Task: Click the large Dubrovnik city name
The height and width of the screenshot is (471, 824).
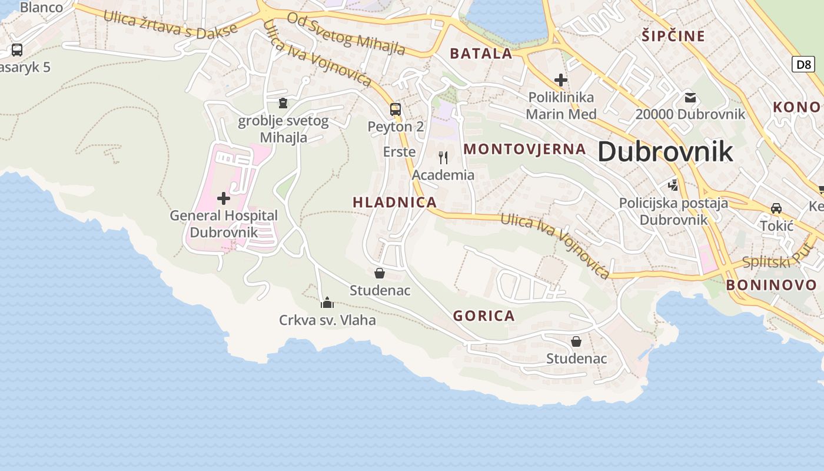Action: click(x=665, y=152)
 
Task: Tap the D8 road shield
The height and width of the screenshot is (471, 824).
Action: click(x=803, y=64)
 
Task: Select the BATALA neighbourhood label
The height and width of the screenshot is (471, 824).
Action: click(x=481, y=54)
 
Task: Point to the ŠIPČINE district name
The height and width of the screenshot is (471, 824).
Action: click(x=673, y=37)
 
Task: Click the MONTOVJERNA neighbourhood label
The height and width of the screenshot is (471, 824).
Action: click(x=524, y=149)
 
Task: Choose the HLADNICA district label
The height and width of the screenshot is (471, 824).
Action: click(x=394, y=203)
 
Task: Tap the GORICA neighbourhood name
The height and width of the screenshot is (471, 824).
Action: click(x=484, y=316)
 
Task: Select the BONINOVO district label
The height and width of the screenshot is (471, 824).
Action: click(x=771, y=286)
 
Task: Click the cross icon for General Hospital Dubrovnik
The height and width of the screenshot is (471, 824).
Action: click(x=224, y=198)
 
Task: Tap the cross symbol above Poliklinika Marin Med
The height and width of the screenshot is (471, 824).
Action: click(x=561, y=79)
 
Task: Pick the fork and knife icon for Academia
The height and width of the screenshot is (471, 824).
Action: click(x=443, y=158)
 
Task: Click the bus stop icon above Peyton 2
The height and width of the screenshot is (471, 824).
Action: click(x=396, y=109)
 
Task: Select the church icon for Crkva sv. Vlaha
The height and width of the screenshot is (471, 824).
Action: click(x=327, y=303)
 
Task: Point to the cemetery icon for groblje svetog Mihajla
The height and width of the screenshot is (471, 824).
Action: click(x=283, y=104)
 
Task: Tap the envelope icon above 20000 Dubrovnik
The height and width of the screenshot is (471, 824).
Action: click(x=690, y=97)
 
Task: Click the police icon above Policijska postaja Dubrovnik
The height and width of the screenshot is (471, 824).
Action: click(x=673, y=186)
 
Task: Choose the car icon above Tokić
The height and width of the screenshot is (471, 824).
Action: click(x=776, y=208)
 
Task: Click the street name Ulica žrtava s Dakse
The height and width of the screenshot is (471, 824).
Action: click(x=170, y=24)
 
